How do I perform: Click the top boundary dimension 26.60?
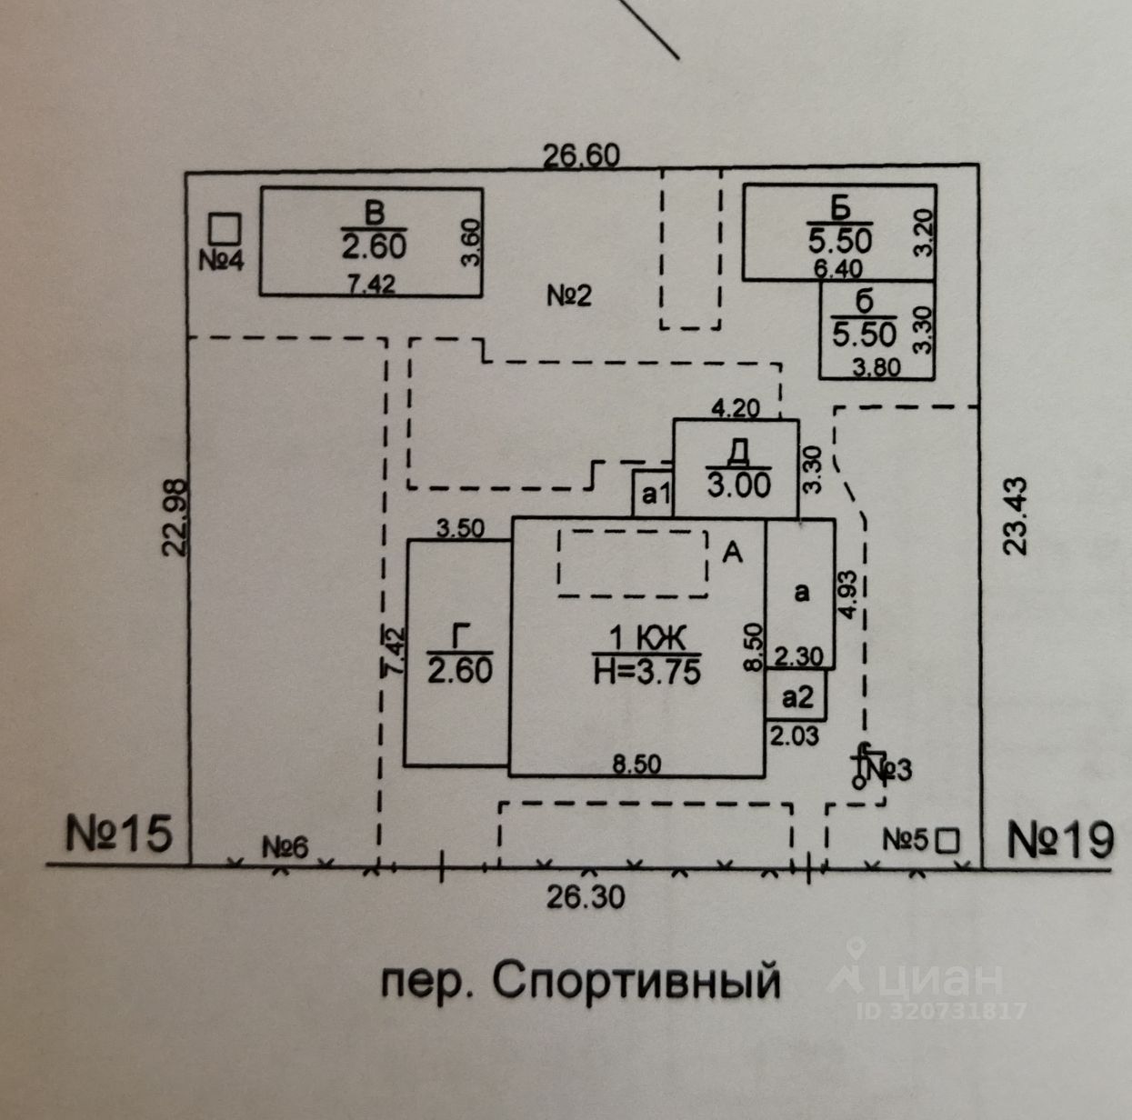point(582,155)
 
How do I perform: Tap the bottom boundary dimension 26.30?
point(586,897)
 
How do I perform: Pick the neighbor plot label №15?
point(118,834)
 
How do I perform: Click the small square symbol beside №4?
point(224,227)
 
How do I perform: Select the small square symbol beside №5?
point(948,840)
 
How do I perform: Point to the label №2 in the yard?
point(569,295)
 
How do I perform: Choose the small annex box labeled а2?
point(797,696)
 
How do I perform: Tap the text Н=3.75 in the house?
point(646,672)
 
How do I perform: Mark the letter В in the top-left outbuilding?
point(374,214)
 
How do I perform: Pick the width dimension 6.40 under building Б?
point(838,268)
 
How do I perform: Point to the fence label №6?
point(286,847)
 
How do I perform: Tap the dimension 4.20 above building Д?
point(735,408)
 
